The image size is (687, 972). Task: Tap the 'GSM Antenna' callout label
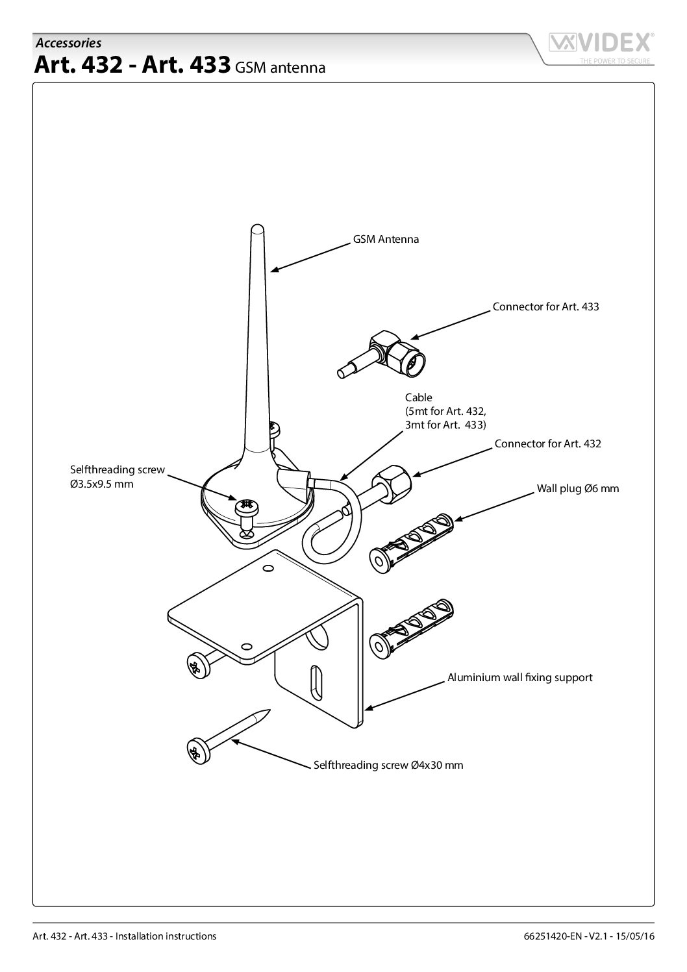tap(386, 239)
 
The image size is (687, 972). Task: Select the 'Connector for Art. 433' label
tap(545, 306)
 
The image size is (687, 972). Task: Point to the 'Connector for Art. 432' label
tap(547, 444)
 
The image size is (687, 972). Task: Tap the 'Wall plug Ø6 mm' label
tap(577, 488)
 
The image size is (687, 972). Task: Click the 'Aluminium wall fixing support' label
tap(519, 677)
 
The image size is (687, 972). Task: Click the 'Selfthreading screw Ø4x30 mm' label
tap(388, 765)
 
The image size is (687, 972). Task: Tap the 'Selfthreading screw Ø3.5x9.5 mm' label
tap(117, 477)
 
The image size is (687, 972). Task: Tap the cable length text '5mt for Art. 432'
tap(446, 411)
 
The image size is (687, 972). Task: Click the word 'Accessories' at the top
tap(68, 43)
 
